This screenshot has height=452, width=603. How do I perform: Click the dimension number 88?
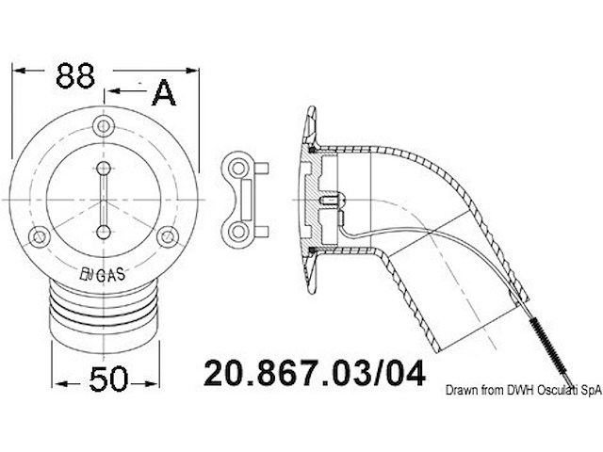click(x=74, y=75)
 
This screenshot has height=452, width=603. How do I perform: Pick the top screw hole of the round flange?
click(x=105, y=126)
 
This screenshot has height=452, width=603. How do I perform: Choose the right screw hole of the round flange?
click(x=169, y=237)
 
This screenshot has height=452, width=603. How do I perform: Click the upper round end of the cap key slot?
click(x=105, y=168)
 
